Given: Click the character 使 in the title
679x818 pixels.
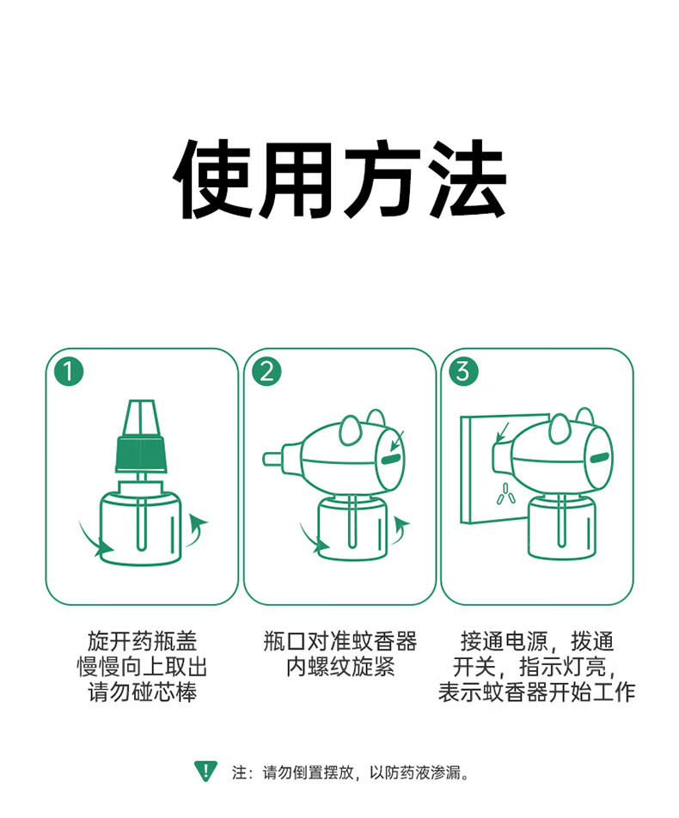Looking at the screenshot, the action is [x=214, y=179].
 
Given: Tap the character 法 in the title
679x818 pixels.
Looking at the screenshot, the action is [x=466, y=179].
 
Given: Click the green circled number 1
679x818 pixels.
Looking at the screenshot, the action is [x=69, y=371].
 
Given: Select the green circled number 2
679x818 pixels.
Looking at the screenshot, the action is [x=266, y=371].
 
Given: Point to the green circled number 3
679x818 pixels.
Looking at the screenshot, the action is [x=463, y=371].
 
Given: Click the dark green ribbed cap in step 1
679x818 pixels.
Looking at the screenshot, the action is [x=141, y=454].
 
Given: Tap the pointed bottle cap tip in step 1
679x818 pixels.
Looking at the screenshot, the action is [x=141, y=418].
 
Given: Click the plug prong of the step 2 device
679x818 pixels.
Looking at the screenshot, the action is [x=272, y=459].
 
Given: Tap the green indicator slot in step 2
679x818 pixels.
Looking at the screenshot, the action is [x=390, y=460].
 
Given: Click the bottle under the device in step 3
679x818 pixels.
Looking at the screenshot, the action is [x=561, y=527].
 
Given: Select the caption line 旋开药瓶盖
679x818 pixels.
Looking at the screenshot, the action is [x=142, y=641].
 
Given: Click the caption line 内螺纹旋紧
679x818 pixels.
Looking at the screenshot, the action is [x=340, y=667].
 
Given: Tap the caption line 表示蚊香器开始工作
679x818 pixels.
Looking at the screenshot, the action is [x=537, y=693].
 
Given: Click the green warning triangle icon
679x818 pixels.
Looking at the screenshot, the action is [x=206, y=771].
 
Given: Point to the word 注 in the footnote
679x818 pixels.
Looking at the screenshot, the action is [x=239, y=772].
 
